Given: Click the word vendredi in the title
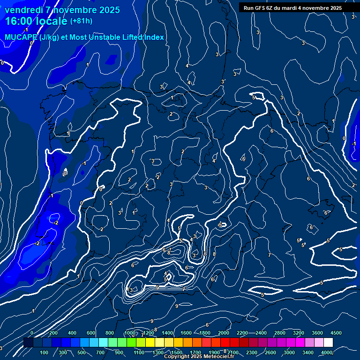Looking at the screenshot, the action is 25,10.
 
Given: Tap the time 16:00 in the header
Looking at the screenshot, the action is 18,21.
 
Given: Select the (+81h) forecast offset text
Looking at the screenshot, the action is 81,21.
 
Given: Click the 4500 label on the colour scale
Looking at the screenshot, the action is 336,333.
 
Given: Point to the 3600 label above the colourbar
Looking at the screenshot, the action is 317,333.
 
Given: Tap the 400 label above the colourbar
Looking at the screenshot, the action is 72,333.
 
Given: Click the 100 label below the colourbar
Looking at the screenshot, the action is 44,352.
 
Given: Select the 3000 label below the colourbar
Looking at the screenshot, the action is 289,352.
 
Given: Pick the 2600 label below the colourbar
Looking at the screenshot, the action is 270,352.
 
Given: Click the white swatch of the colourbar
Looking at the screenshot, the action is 328,343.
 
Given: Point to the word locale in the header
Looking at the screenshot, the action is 53,21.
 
